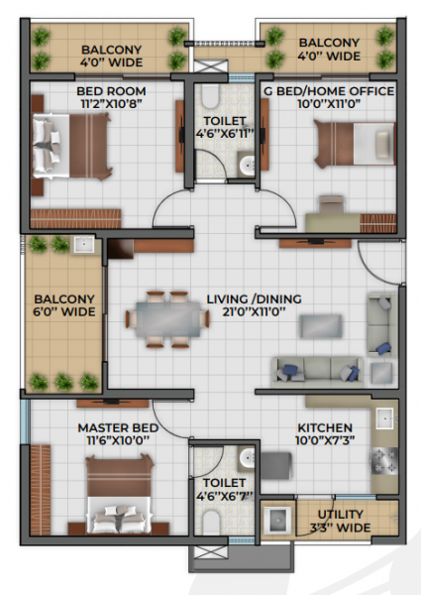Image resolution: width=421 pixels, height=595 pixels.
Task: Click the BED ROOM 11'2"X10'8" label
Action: pos(112,97)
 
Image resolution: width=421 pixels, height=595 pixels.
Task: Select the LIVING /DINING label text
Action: pos(254,305)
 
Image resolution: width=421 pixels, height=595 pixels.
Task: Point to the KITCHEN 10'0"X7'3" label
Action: pos(324,435)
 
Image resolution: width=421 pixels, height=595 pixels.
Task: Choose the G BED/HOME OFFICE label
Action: pos(328,97)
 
